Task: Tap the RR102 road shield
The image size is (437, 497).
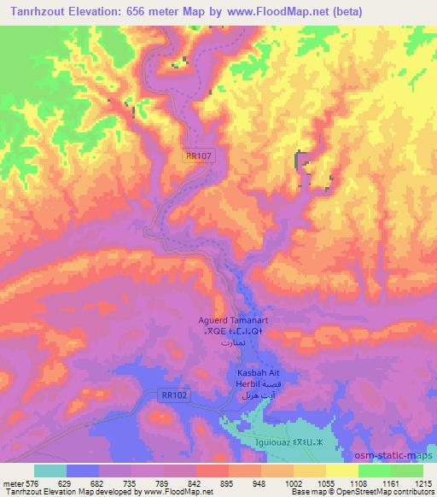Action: tap(173, 395)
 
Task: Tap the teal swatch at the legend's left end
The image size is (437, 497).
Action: tap(50, 471)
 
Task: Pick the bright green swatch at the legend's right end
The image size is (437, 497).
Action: tap(407, 471)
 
